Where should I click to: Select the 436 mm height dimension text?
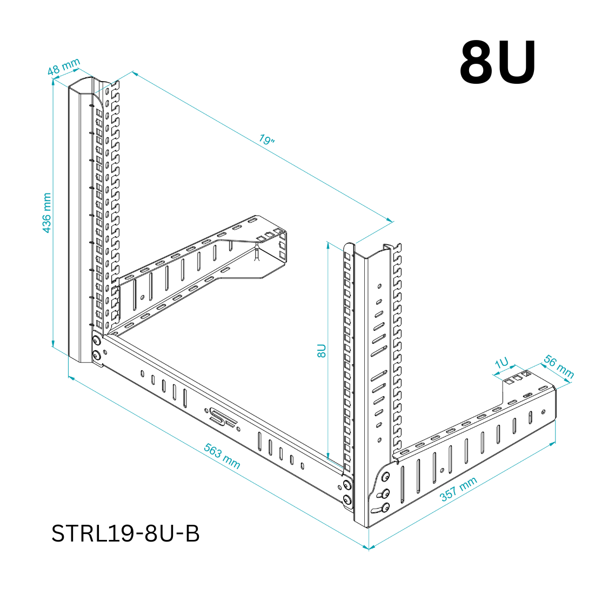pos(46,212)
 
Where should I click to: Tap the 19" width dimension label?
pos(266,140)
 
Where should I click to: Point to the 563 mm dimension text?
pos(222,456)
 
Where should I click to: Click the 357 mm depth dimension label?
pos(458,489)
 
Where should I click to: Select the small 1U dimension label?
pos(502,363)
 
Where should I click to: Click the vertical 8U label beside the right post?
pos(322,350)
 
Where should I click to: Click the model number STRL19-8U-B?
pos(125,533)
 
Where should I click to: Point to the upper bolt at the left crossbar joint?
pos(96,341)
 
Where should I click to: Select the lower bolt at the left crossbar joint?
pos(97,355)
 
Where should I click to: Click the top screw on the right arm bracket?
pos(385,476)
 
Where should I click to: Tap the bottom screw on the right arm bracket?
pos(385,507)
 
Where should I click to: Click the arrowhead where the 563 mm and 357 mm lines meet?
pos(368,548)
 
